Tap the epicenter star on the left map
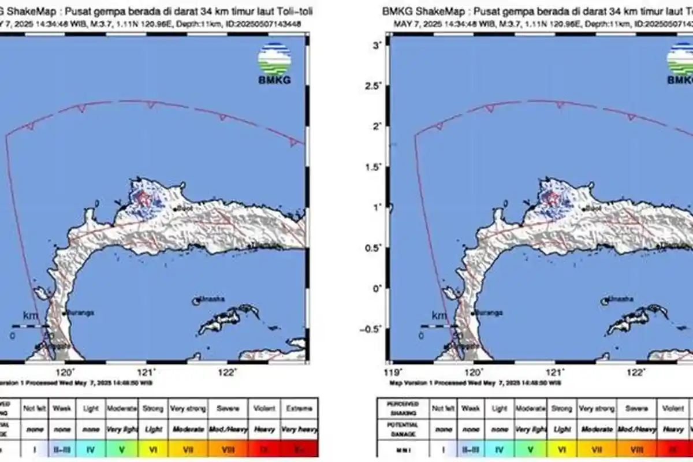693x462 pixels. [144, 198]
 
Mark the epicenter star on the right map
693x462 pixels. [553, 198]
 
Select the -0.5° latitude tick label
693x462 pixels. [376, 329]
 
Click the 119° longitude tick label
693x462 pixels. [393, 373]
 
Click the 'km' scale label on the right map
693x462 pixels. [440, 315]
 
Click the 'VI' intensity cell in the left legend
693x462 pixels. [154, 448]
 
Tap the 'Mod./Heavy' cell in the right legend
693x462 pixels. [637, 430]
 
